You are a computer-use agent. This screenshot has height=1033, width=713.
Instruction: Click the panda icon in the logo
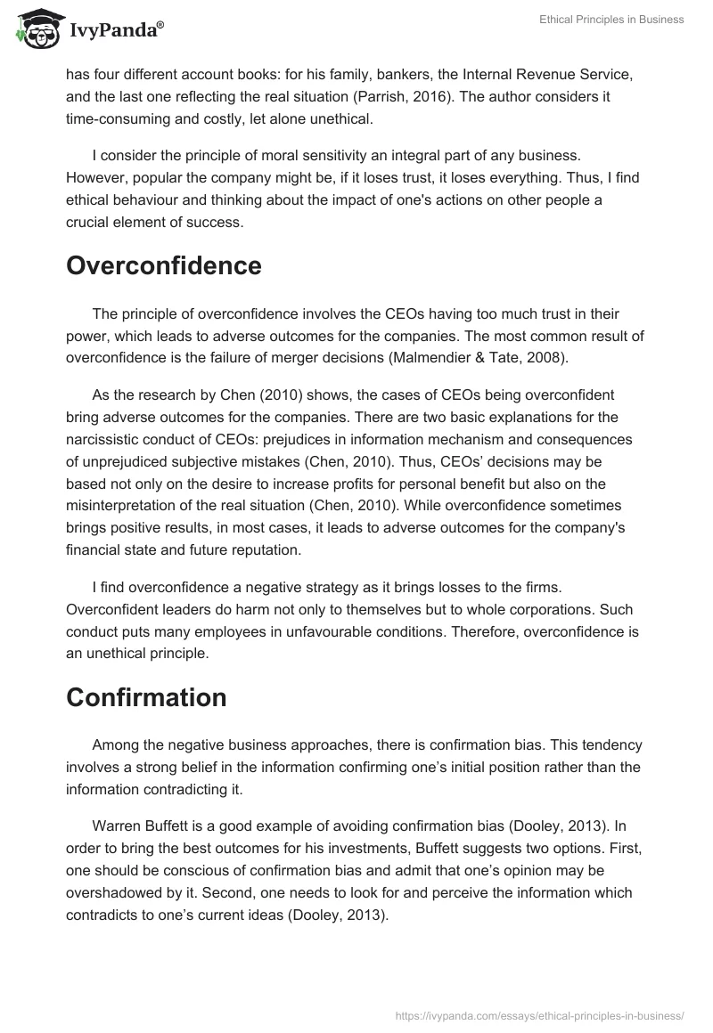33,30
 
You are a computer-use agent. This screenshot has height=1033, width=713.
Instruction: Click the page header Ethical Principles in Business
611,20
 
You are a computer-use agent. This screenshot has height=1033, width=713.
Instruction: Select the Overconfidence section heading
163,265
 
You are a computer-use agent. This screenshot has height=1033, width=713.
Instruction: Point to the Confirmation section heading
146,697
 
